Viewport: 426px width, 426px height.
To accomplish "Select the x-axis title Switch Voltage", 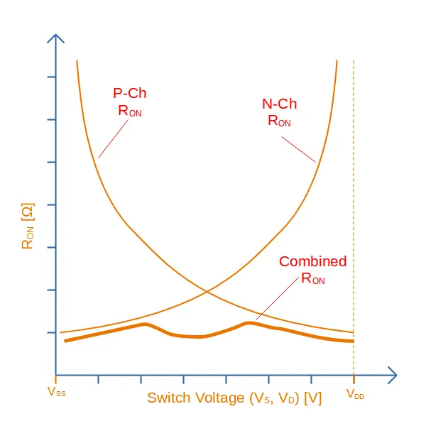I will pos(234,398).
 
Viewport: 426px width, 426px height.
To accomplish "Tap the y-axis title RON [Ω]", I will pos(28,226).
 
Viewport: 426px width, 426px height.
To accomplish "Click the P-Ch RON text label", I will pos(130,102).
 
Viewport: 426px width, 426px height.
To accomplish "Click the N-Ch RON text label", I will pos(279,111).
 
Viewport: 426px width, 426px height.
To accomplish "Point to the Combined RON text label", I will pos(312,269).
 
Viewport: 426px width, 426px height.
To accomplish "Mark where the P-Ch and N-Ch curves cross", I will pos(207,291).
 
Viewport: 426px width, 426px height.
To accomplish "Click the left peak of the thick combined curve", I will pos(145,324).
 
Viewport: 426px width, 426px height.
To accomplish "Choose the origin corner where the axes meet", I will pos(56,374).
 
